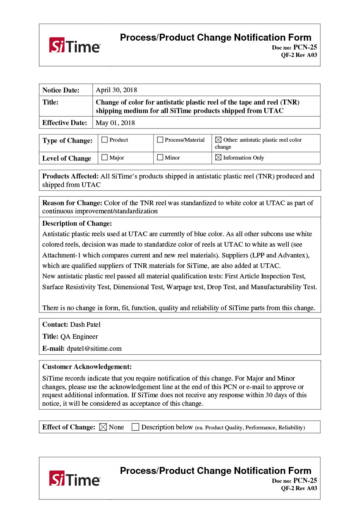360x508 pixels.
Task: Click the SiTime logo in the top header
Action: point(75,45)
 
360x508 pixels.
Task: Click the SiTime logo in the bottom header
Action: point(75,479)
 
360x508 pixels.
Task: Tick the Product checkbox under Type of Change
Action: point(105,140)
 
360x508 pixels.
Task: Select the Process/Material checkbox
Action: point(160,140)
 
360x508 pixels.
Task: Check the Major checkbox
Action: point(105,158)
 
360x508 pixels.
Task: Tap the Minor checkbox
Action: point(160,158)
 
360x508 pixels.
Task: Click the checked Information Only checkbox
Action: point(219,158)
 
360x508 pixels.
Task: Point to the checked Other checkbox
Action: point(219,140)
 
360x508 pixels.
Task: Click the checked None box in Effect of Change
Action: point(103,427)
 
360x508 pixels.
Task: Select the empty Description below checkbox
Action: point(135,427)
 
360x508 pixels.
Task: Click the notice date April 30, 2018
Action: point(116,90)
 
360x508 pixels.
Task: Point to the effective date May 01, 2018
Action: point(115,123)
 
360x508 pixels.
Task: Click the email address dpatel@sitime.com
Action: point(94,348)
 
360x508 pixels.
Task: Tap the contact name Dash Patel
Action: point(85,324)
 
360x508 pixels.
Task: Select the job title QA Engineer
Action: point(79,336)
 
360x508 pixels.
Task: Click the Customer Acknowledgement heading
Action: point(87,367)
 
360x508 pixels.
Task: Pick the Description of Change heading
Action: point(77,223)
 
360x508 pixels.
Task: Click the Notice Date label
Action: point(61,90)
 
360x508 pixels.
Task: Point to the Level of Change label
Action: point(67,158)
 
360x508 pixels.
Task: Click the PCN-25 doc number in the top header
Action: point(305,47)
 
